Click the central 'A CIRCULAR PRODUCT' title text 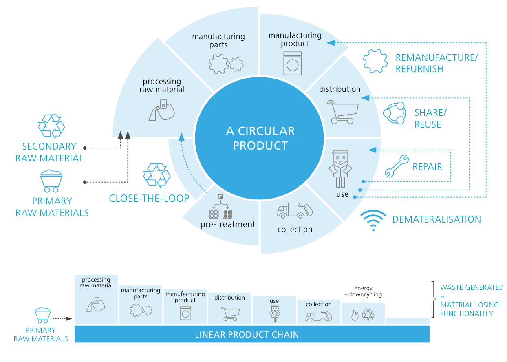[260, 138]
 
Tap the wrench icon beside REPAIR [397, 166]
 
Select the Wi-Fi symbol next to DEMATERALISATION [373, 221]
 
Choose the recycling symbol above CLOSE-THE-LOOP [157, 175]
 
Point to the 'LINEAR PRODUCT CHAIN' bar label [247, 335]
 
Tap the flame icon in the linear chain [354, 315]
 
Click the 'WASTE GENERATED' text [471, 287]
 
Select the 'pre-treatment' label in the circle [228, 224]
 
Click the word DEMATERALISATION [436, 220]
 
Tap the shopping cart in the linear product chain [230, 313]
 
